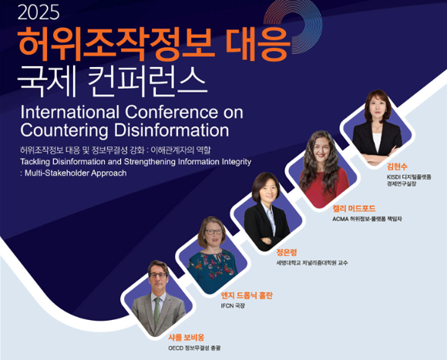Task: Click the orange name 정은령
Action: [286, 252]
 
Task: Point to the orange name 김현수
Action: [397, 167]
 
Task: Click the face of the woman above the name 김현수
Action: [376, 108]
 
